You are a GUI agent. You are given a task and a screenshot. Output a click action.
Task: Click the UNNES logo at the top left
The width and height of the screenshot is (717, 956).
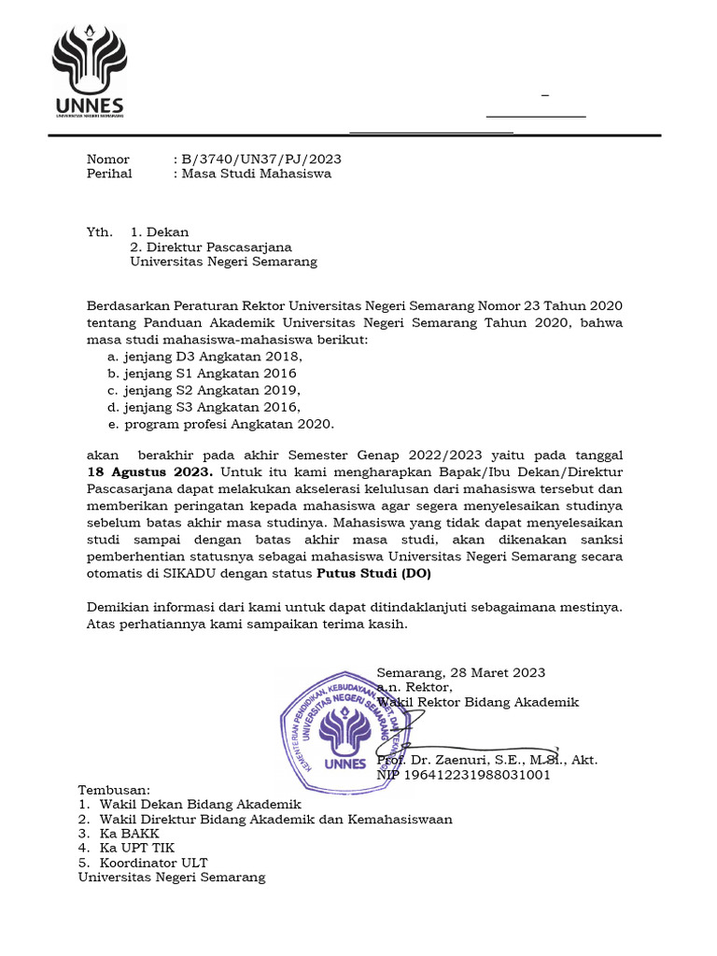[x=88, y=72]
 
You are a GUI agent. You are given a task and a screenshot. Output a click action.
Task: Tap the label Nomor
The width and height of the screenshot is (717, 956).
[x=108, y=160]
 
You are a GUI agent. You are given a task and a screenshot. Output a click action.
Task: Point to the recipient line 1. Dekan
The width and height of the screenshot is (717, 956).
[x=160, y=232]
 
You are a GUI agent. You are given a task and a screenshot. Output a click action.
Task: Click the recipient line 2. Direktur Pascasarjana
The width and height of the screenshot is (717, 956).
[x=211, y=247]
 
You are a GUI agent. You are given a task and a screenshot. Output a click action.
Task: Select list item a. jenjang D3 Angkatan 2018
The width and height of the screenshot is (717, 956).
[x=205, y=357]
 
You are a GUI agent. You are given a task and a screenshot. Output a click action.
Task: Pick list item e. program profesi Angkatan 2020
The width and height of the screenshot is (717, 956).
[x=220, y=424]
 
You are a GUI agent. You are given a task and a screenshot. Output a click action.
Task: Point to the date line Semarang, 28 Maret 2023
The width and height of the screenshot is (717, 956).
[x=461, y=673]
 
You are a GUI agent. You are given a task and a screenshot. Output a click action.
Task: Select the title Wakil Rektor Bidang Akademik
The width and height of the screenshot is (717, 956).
[x=478, y=702]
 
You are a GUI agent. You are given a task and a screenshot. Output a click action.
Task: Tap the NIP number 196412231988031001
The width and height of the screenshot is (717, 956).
[x=463, y=775]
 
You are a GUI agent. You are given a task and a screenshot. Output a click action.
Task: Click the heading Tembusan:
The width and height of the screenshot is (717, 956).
[x=114, y=790]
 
